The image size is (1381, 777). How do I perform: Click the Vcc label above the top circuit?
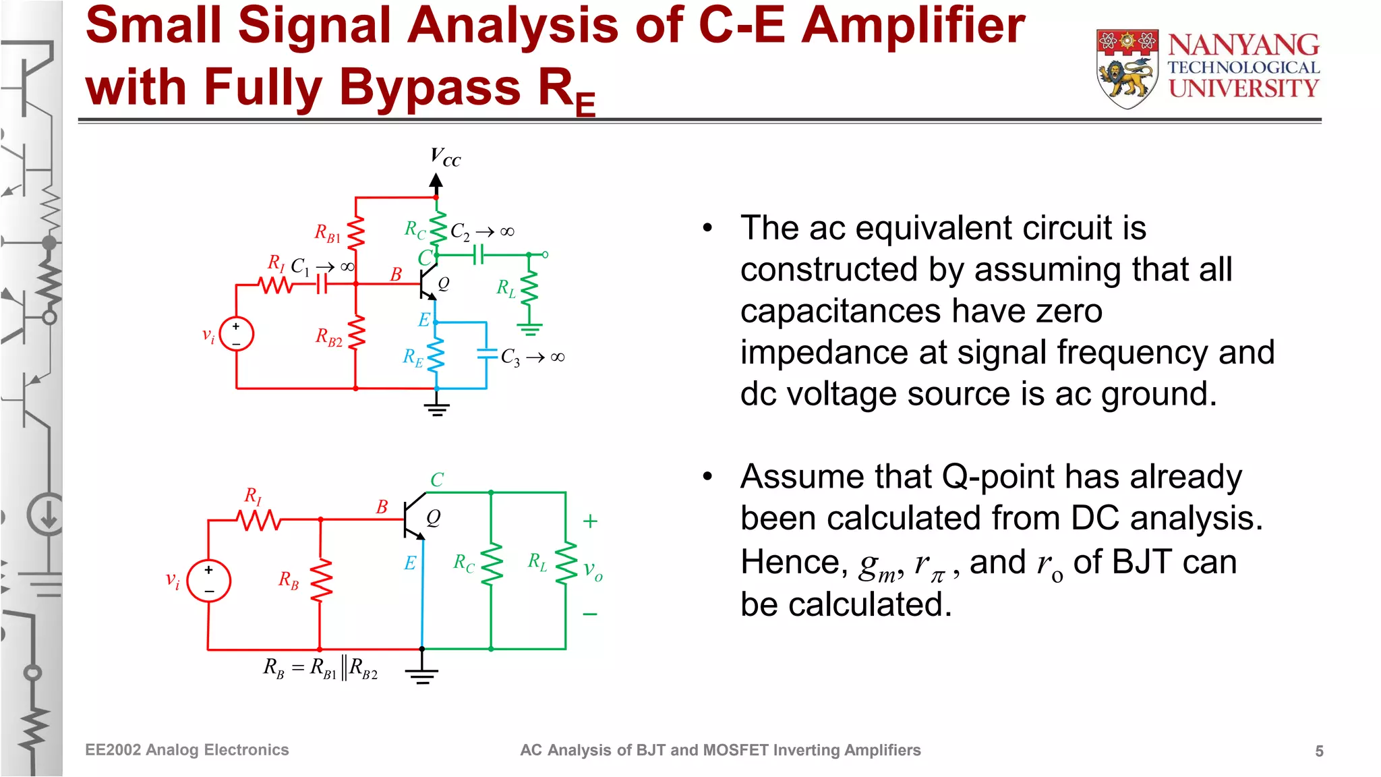point(445,158)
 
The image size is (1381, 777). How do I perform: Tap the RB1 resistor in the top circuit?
point(355,233)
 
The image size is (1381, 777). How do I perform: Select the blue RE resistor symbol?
point(436,355)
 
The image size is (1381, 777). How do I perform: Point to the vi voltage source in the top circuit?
point(236,334)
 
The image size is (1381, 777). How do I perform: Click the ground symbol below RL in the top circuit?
point(529,330)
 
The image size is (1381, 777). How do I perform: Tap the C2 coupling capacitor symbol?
point(478,255)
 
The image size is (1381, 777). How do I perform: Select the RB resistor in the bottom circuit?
point(320,579)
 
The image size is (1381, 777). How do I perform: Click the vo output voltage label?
point(593,571)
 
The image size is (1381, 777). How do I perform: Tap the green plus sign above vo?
point(590,521)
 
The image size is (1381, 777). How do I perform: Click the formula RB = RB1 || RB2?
point(320,668)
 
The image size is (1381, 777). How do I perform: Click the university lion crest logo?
point(1127,69)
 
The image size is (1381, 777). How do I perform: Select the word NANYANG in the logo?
point(1243,46)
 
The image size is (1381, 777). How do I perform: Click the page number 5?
point(1319,751)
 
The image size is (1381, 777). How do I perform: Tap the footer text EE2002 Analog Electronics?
point(187,750)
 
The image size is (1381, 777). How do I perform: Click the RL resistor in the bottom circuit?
point(565,562)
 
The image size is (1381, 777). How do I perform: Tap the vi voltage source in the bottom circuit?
point(209,581)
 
